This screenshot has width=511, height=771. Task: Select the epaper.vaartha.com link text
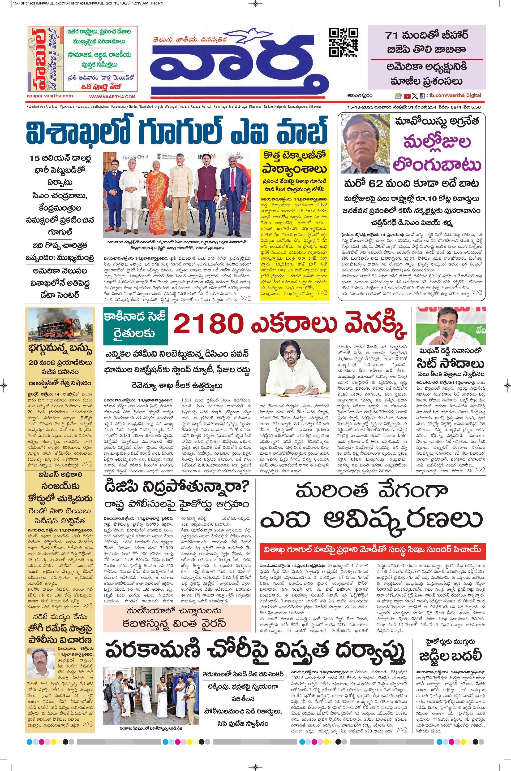pos(50,96)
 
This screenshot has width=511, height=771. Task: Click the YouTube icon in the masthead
pos(407,96)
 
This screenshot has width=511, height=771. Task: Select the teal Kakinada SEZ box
pos(135,326)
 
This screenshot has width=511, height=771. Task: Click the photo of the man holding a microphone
pos(450,326)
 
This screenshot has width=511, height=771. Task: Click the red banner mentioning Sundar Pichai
pos(372,549)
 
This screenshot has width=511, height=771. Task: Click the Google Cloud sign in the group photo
pos(135,157)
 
